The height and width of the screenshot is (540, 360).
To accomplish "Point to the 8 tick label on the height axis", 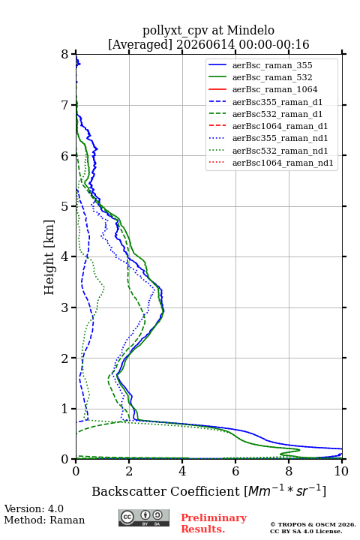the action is [x=65, y=54].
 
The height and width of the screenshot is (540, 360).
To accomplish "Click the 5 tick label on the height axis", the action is [x=65, y=206].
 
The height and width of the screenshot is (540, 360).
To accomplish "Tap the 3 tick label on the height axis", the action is [x=65, y=307].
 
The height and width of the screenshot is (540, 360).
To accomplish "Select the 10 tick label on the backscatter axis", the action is [x=341, y=471].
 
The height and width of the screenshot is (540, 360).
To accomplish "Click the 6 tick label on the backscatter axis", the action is [x=235, y=471].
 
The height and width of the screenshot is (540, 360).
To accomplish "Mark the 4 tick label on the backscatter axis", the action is [x=182, y=471].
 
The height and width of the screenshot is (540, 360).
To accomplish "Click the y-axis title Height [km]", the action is [x=49, y=257].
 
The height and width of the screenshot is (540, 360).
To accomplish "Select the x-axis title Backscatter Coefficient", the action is [x=166, y=491].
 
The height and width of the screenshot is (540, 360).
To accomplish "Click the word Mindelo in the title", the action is [x=250, y=30].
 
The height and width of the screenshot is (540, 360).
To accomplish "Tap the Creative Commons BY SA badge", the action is [x=144, y=517].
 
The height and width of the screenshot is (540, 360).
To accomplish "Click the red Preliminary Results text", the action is [x=214, y=523].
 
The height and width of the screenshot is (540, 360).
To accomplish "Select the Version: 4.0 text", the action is [x=34, y=508].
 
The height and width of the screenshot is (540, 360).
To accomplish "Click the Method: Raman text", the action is [x=44, y=520].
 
